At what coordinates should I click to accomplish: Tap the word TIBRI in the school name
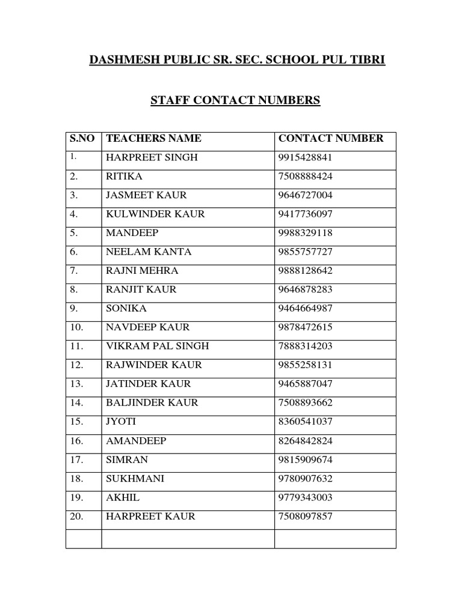tap(369, 61)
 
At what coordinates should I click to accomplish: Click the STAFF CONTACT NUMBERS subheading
tap(235, 100)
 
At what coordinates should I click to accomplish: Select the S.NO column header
tap(82, 139)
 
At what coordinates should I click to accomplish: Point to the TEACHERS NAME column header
tap(153, 139)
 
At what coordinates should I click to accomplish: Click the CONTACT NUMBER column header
tap(330, 139)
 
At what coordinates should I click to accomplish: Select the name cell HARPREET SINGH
tap(152, 158)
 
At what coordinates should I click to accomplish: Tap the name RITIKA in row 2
tap(125, 177)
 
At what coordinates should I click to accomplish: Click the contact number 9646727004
tap(306, 195)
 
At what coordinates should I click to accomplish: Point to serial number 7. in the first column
tap(74, 271)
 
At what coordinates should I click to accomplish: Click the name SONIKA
tap(126, 309)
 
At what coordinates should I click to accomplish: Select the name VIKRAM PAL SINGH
tap(158, 347)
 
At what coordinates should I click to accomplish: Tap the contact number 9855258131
tap(306, 365)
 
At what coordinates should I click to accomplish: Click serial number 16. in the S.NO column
tap(76, 441)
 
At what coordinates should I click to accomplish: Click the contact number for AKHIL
tap(306, 498)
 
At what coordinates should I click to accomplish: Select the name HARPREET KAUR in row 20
tap(150, 517)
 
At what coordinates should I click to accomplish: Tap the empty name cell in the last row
tap(188, 538)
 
